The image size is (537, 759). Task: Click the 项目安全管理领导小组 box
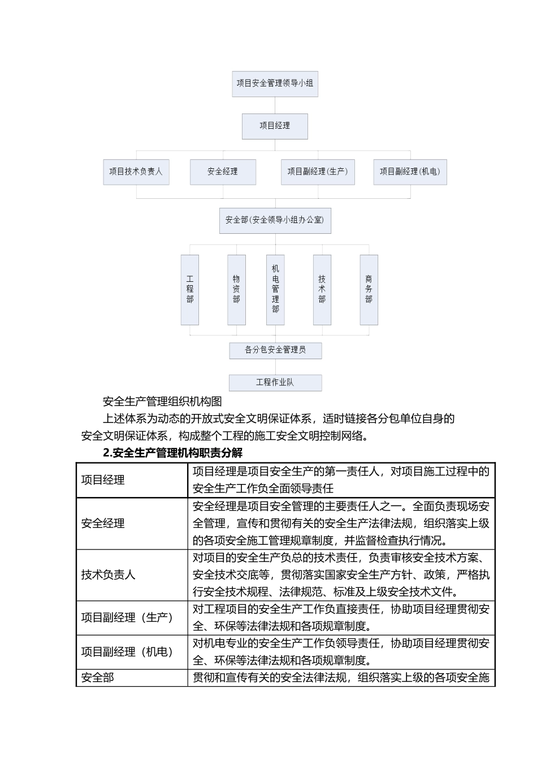[x=275, y=84]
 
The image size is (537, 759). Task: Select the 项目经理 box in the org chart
[x=275, y=126]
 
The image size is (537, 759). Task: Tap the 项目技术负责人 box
[x=136, y=172]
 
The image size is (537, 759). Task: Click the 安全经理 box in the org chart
[x=223, y=172]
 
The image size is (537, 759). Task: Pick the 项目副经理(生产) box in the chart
[x=318, y=172]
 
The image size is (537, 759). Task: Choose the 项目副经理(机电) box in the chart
[x=410, y=172]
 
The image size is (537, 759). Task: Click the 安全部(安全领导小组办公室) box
[x=275, y=220]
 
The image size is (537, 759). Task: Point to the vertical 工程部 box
[x=190, y=289]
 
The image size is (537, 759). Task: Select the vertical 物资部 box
[x=236, y=289]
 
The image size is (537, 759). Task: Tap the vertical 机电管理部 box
[x=275, y=289]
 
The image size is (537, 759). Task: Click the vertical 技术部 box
[x=322, y=289]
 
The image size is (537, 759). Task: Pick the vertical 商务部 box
[x=369, y=289]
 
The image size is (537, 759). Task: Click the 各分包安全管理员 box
[x=275, y=350]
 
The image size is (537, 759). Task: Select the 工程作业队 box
[x=275, y=382]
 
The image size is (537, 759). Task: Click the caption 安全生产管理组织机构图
[x=162, y=402]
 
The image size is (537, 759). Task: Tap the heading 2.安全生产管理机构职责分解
[x=172, y=453]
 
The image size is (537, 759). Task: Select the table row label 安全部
[x=98, y=678]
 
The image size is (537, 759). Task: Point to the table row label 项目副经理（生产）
[x=127, y=618]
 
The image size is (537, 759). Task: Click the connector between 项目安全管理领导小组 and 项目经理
[x=275, y=105]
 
